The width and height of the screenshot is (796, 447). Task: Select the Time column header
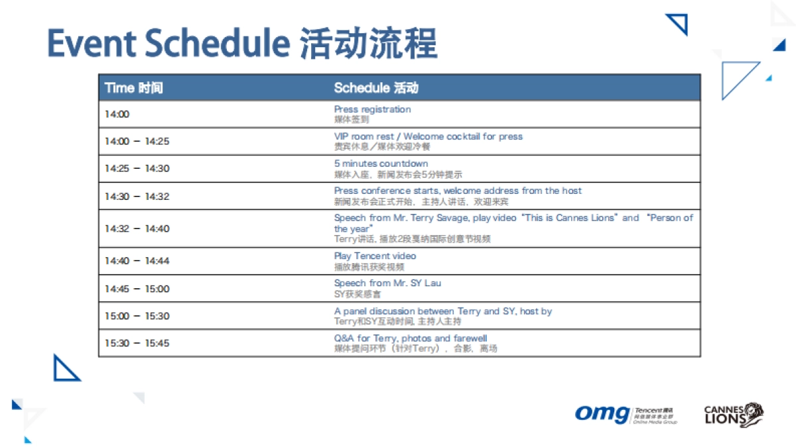coord(133,88)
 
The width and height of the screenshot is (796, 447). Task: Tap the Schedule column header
coord(376,88)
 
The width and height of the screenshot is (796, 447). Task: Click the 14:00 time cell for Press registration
coord(117,114)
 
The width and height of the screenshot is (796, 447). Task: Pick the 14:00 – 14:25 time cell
coord(137,141)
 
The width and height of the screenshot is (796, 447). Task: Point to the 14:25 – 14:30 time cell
coord(137,169)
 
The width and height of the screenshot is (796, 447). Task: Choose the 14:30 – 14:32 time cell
coord(137,196)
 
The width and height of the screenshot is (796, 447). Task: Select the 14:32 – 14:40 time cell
coord(137,228)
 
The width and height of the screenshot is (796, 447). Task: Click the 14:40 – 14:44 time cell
coord(137,261)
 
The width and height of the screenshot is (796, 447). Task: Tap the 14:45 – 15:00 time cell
coord(137,289)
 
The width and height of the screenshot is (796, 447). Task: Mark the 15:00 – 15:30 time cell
coord(137,316)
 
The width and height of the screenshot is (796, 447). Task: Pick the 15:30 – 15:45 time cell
coord(137,343)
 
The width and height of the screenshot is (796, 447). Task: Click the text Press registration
coord(372,110)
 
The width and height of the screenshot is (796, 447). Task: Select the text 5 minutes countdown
coord(381,163)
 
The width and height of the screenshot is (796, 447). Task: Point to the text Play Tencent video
coord(375,256)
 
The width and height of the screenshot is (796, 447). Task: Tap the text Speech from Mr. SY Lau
coord(387,283)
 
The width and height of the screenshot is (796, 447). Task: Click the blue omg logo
coord(601,414)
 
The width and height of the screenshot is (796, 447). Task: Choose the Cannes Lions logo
coord(733,414)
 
